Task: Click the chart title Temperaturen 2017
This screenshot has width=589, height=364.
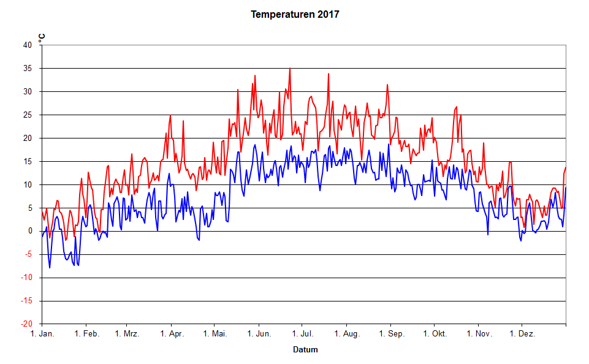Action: tap(294, 14)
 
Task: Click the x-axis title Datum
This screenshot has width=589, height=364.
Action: tap(305, 350)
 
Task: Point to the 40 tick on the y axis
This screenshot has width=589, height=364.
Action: tap(28, 45)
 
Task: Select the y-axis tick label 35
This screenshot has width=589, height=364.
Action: tap(28, 68)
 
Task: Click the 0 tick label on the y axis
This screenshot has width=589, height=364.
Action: tap(30, 231)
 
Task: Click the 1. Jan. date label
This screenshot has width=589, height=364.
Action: tap(42, 334)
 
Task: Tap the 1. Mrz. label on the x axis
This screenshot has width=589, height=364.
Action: tap(126, 334)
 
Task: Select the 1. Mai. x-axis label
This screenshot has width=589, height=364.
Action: tap(214, 334)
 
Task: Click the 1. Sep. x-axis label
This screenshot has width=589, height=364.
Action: tap(390, 334)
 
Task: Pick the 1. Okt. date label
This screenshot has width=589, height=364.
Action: tap(434, 334)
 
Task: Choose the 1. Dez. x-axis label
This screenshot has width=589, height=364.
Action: tap(522, 334)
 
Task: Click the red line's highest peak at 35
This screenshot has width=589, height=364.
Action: tap(290, 69)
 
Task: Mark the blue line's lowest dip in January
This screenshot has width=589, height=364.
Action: tap(50, 268)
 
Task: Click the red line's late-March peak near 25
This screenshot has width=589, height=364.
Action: tap(170, 115)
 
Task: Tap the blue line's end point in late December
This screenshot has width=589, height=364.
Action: tap(565, 188)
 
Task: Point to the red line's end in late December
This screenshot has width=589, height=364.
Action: tap(565, 167)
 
